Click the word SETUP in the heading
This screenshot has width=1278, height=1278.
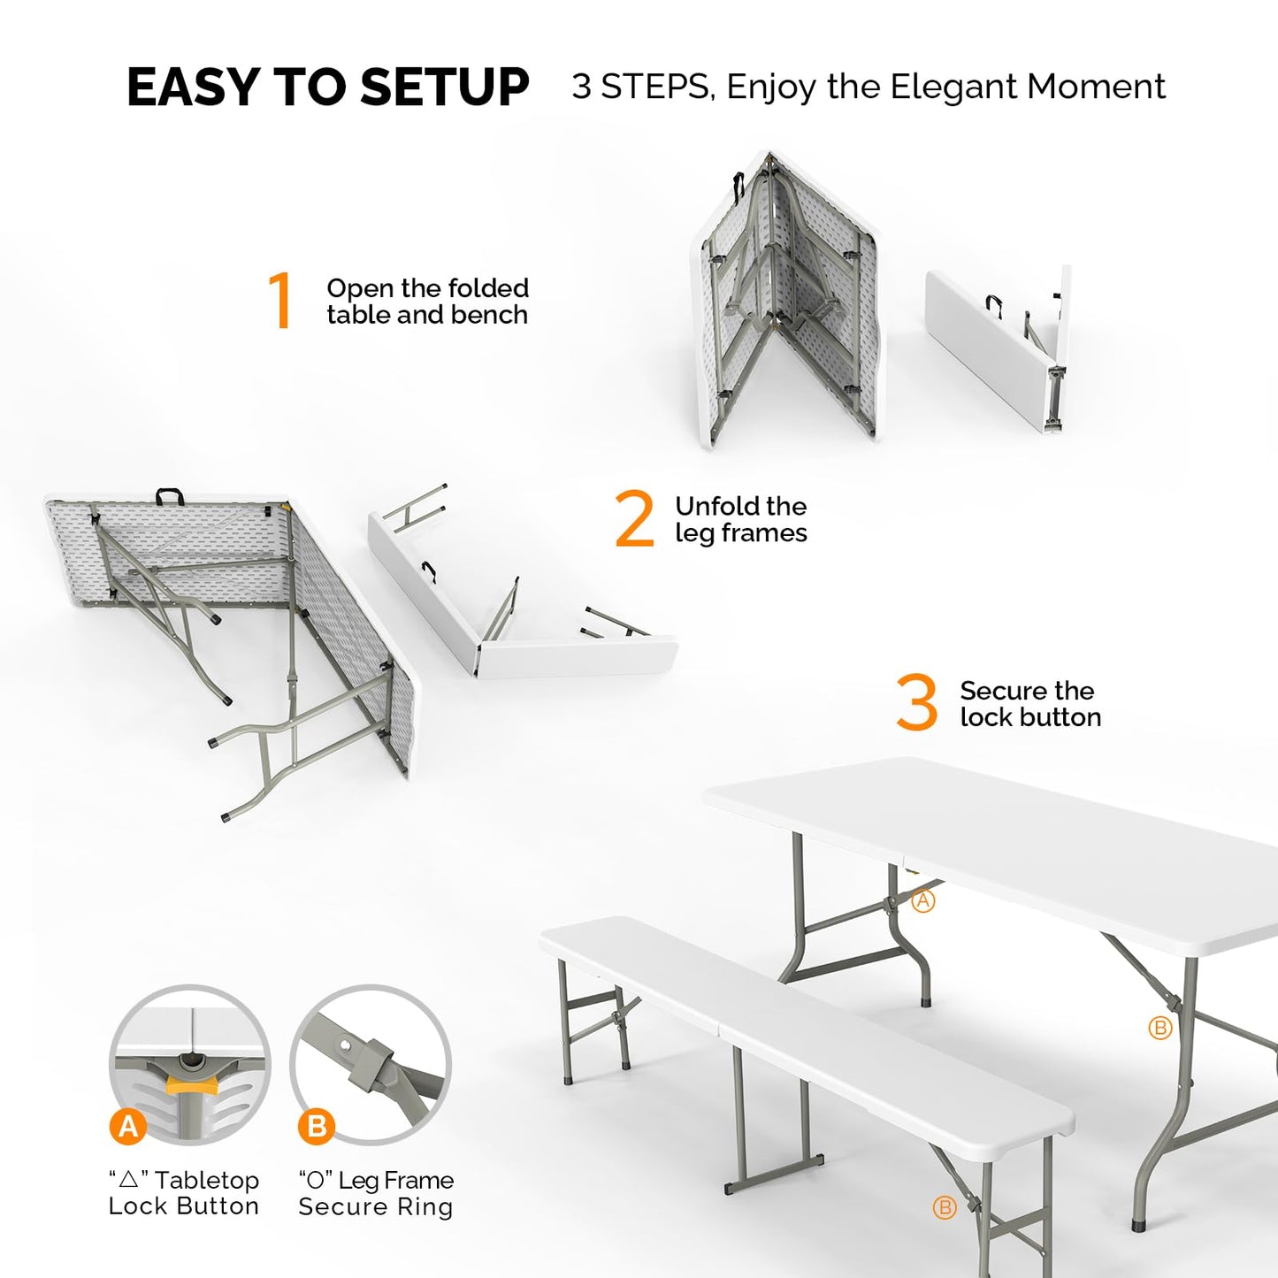(x=444, y=88)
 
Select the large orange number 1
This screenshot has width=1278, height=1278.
(x=280, y=301)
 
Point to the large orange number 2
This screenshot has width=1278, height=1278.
(x=634, y=519)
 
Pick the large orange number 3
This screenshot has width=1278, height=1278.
(x=916, y=702)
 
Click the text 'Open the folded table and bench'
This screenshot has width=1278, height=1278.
(x=427, y=302)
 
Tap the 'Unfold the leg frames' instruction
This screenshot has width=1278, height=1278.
(x=740, y=519)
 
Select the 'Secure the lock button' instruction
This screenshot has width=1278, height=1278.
(x=1030, y=704)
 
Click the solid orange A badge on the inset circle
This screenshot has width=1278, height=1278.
(x=128, y=1126)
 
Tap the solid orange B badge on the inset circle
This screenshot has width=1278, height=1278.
(x=317, y=1126)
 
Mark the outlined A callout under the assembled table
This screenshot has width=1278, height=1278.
(x=923, y=900)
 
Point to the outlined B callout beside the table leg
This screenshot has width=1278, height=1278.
(x=1160, y=1028)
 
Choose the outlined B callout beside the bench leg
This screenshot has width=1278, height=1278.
(x=945, y=1207)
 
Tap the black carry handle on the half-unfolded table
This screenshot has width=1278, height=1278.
(x=169, y=495)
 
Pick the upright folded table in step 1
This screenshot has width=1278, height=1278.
(x=787, y=301)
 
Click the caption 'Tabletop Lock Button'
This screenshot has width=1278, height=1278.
(x=184, y=1193)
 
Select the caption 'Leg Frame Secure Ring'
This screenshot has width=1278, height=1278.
(x=376, y=1193)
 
